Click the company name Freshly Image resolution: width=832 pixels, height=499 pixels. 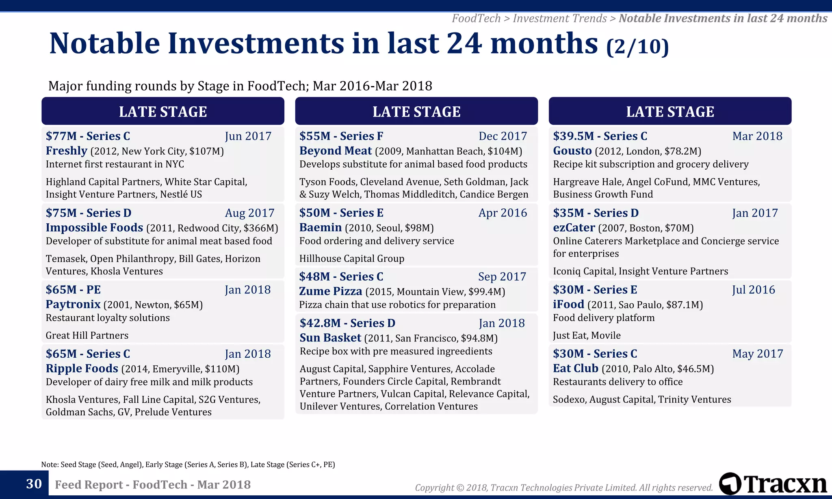(x=67, y=151)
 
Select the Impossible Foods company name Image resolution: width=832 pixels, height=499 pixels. (x=94, y=227)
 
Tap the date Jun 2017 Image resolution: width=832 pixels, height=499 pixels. (x=248, y=136)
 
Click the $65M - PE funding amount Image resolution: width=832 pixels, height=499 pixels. (x=73, y=289)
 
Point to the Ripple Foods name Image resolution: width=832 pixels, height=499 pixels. (x=82, y=368)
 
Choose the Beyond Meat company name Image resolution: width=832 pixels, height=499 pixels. (x=336, y=151)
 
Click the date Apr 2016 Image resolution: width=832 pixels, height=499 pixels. (x=503, y=213)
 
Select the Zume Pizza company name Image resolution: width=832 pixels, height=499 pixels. (x=331, y=291)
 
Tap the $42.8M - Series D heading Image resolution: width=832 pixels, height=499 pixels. (x=347, y=323)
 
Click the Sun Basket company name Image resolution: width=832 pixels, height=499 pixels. (x=330, y=338)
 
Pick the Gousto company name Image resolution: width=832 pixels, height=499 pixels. (x=572, y=151)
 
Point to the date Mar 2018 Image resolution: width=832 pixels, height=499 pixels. (x=757, y=136)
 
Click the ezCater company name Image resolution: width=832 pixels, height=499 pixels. (x=574, y=227)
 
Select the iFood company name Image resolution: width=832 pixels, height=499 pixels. (x=568, y=304)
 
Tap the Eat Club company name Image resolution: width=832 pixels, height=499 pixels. (x=575, y=368)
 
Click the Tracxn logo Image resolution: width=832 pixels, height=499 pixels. (x=773, y=484)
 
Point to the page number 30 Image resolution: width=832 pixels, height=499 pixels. (x=34, y=484)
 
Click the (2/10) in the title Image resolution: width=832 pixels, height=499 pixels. (x=637, y=46)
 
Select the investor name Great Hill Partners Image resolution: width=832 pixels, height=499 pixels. (x=87, y=335)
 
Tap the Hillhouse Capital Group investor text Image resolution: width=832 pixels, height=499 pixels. (x=351, y=259)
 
